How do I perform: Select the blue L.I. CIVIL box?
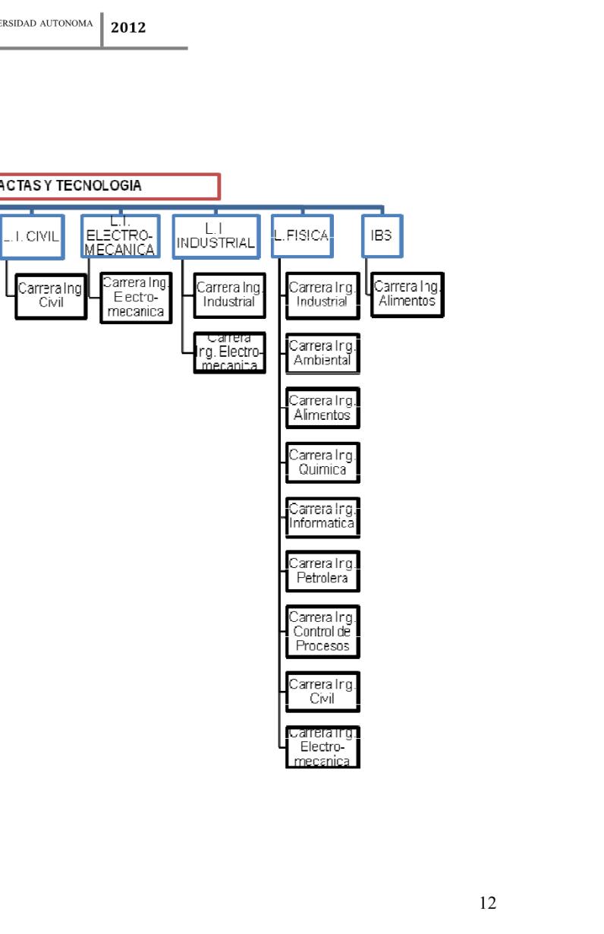(32, 236)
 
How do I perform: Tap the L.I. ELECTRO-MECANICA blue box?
(121, 236)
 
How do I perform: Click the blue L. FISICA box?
(302, 236)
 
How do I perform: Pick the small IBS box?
(382, 236)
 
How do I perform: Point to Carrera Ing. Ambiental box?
(322, 353)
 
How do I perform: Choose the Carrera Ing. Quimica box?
(322, 462)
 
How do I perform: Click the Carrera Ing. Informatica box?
(322, 517)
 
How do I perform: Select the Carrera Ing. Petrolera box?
(322, 571)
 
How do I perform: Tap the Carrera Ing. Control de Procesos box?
(322, 632)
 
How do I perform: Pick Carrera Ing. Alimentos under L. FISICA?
(322, 408)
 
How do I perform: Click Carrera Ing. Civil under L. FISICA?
(322, 692)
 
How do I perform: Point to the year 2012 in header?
(128, 28)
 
